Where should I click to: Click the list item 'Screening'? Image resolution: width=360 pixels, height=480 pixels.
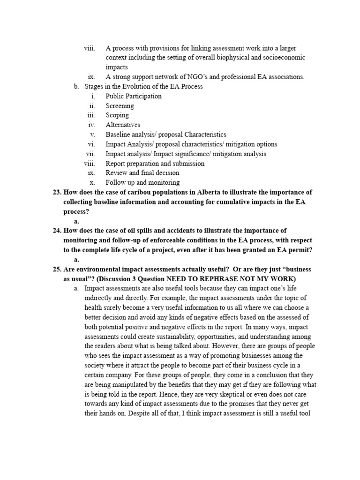point(120,106)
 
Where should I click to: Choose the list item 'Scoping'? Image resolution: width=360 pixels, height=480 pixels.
point(117,115)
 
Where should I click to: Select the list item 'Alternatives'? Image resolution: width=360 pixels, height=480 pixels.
point(123,125)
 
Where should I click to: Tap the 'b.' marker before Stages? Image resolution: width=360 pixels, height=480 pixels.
point(76,87)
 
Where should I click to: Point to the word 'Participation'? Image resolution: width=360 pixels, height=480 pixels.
point(142,96)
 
